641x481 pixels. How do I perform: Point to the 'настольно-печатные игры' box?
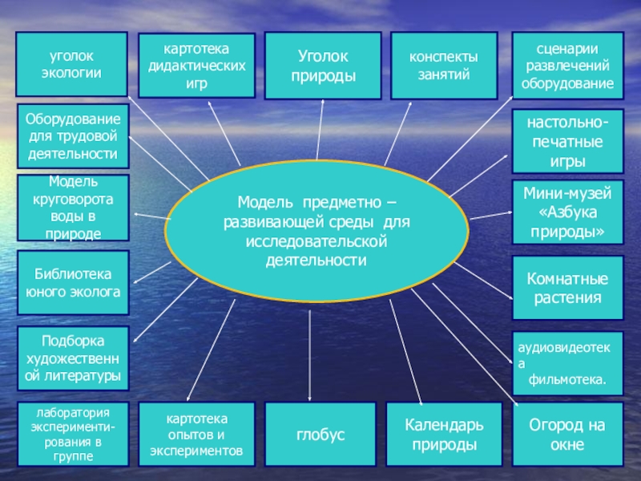pos(567,140)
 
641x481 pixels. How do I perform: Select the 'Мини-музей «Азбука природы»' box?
pos(567,212)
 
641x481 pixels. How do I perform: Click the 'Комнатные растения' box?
pos(567,289)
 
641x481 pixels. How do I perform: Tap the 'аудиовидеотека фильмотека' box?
pos(567,363)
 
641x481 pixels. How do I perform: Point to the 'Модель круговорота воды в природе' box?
pos(73,208)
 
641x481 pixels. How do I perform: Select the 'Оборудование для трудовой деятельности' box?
pos(73,135)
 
